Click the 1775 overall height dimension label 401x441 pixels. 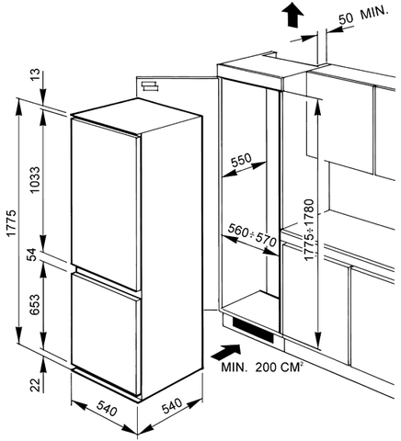11,223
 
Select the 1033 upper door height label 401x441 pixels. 35,180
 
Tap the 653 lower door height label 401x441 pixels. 36,304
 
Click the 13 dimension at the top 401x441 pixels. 35,75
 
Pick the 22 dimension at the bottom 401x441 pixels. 36,385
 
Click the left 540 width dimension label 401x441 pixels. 107,408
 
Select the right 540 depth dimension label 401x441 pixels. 172,406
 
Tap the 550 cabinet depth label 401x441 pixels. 241,160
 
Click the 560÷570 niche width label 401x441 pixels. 252,234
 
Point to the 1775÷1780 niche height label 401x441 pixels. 310,230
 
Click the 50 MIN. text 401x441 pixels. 363,16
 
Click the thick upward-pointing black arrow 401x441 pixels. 293,15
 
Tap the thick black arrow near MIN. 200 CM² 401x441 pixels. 226,352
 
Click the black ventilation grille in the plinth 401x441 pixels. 253,330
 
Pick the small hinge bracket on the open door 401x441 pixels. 150,86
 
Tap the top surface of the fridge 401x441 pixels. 136,116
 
